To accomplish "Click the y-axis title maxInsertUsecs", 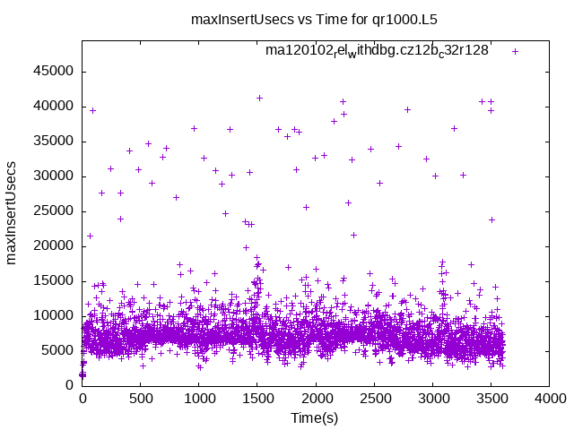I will tap(13, 212).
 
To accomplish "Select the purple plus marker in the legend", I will tap(515, 51).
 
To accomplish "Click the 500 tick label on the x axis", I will tap(141, 400).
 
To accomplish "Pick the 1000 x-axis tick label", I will tap(199, 400).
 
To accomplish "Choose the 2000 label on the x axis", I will tap(316, 400).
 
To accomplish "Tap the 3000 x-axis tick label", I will tap(432, 400).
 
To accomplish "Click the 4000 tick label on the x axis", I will tap(549, 400).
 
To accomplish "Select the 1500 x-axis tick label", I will tap(257, 400).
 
